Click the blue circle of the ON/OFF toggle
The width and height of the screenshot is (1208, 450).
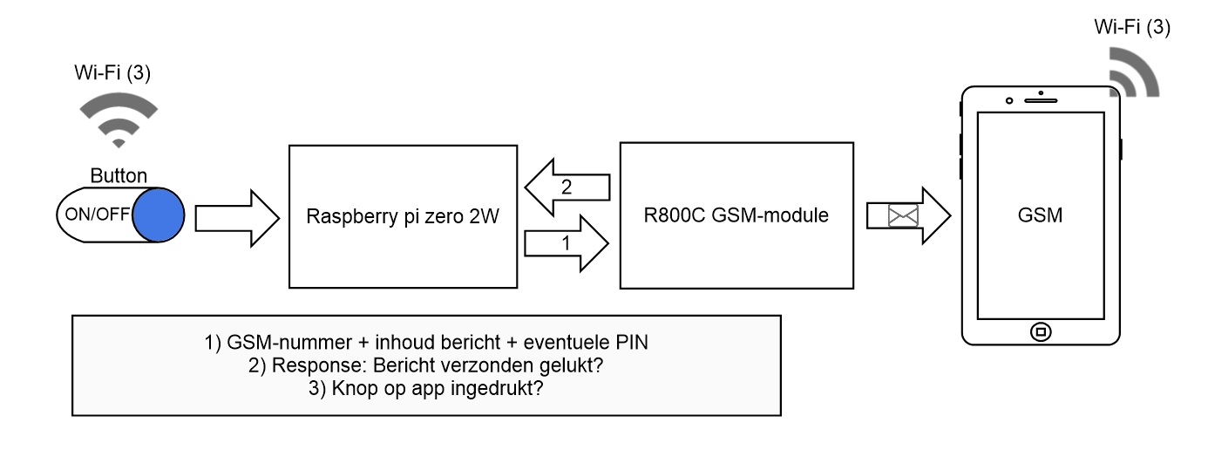pyautogui.click(x=160, y=214)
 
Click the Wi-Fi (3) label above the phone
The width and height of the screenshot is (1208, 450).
pyautogui.click(x=1131, y=28)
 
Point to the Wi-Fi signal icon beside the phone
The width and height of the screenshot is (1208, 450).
pyautogui.click(x=1130, y=73)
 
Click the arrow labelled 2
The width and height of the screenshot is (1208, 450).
pyautogui.click(x=566, y=186)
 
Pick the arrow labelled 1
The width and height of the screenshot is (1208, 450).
pyautogui.click(x=566, y=244)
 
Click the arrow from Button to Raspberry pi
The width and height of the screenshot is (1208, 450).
pyautogui.click(x=234, y=215)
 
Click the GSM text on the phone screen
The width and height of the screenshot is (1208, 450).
pyautogui.click(x=1040, y=215)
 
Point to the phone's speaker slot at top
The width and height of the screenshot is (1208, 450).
pyautogui.click(x=1040, y=99)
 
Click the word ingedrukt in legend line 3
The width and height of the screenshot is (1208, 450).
pyautogui.click(x=505, y=388)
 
